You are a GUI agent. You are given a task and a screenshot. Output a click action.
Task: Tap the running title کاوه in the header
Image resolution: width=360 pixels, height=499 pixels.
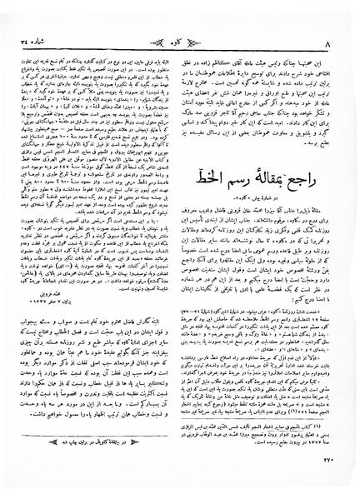tap(179, 14)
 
